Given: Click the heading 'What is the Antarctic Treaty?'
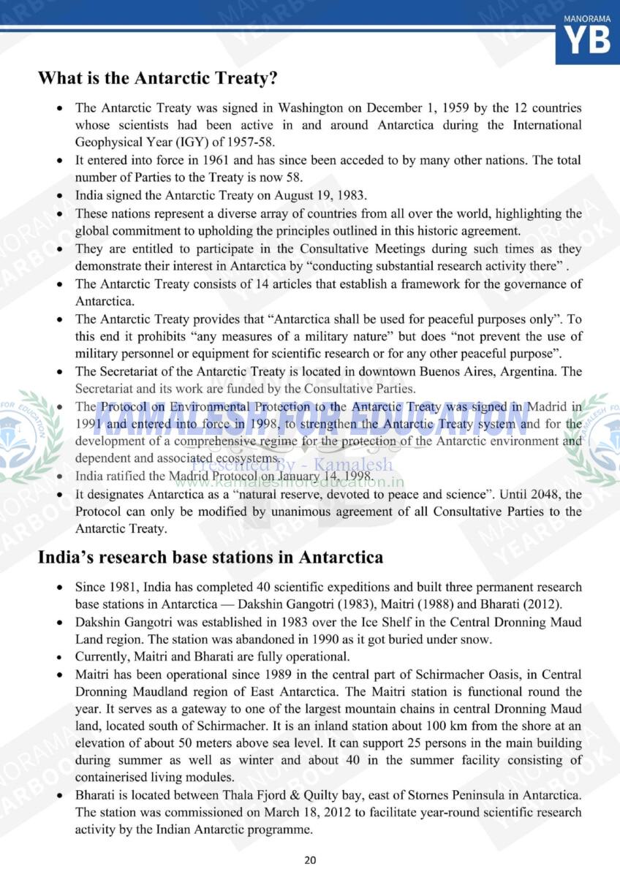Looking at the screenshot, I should [x=157, y=77].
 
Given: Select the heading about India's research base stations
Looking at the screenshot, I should [x=210, y=558].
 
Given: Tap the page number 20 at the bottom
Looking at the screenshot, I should [x=310, y=859].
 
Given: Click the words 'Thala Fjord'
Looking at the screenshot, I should [x=273, y=795].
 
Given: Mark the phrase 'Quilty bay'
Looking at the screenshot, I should [x=349, y=795].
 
